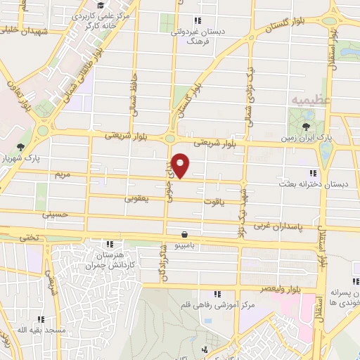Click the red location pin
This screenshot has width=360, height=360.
[x=181, y=165]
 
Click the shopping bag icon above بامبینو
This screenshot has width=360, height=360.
[x=185, y=234]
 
